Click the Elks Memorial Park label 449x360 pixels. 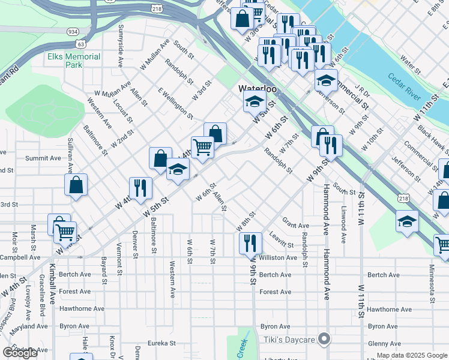pos(74,61)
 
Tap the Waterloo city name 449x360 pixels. pos(258,88)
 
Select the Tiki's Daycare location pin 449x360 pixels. pos(325,340)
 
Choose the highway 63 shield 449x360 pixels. pos(80,43)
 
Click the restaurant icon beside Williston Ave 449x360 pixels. pos(250,243)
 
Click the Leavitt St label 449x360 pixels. pos(282,241)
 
